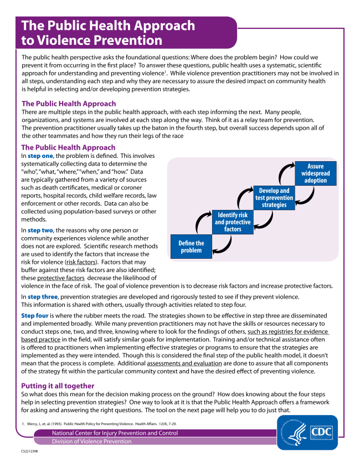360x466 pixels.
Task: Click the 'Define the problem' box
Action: tap(191, 247)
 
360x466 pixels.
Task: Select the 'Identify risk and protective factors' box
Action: tap(233, 222)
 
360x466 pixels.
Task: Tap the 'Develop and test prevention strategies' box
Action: tap(274, 198)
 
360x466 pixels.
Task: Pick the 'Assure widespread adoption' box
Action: tap(315, 173)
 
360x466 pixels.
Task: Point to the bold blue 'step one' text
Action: tap(40, 156)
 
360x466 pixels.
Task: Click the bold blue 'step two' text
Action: tap(40, 230)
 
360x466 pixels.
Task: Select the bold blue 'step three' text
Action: tap(43, 297)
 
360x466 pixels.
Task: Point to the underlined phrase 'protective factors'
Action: tap(60, 278)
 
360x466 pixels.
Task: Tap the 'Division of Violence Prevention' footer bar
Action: tap(92, 442)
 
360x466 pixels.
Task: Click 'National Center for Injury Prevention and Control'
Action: tap(115, 433)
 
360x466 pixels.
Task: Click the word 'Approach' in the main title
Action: tap(162, 25)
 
